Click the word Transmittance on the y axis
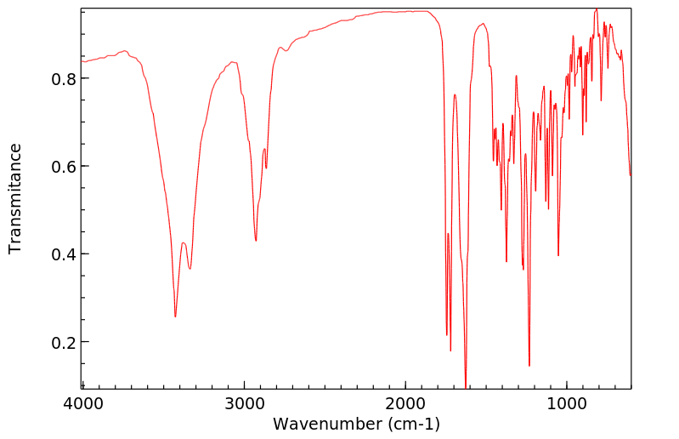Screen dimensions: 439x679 pos(15,198)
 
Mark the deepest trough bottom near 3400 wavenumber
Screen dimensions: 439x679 pos(175,316)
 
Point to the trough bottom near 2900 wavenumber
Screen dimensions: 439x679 pos(256,241)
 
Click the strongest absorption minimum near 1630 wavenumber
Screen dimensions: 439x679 pos(466,387)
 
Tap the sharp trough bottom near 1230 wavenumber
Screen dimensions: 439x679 pos(529,366)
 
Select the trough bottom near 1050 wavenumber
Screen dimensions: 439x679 pos(558,255)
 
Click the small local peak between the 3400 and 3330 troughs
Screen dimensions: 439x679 pos(183,242)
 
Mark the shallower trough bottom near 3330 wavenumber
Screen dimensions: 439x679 pos(190,269)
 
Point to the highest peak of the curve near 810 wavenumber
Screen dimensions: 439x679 pos(597,9)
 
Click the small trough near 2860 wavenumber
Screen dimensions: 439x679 pos(266,168)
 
